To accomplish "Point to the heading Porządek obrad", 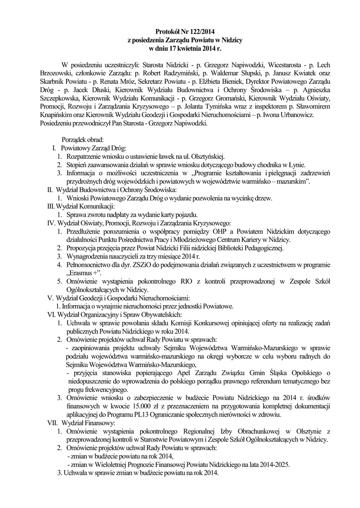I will pyautogui.click(x=82, y=139).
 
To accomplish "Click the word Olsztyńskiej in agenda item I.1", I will pyautogui.click(x=208, y=157).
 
